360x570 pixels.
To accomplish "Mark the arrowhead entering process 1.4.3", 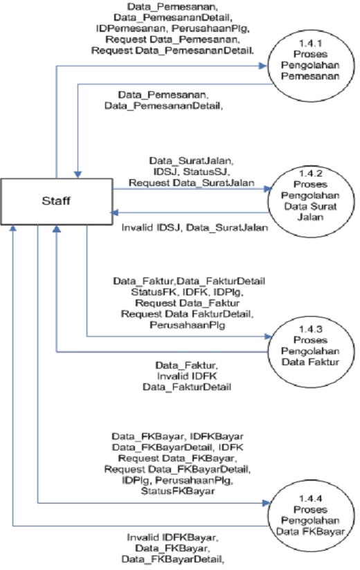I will pos(266,337).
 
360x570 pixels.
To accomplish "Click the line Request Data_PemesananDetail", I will pos(172,51).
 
